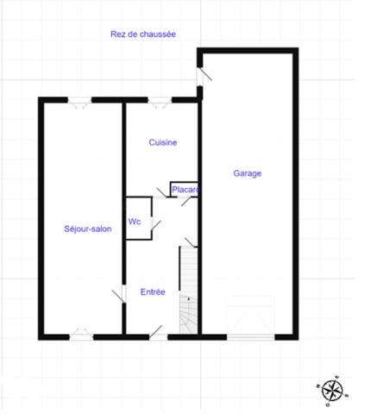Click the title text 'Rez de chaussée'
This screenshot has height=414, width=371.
click(143, 34)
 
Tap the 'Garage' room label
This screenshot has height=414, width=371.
click(248, 173)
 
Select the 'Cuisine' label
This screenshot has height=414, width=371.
click(163, 143)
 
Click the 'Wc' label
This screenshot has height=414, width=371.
click(135, 222)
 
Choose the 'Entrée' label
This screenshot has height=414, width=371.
click(153, 292)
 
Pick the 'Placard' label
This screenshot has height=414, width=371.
click(185, 190)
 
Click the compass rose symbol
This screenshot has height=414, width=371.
click(331, 392)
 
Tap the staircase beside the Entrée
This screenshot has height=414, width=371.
click(189, 289)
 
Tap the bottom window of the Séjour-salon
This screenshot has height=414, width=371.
click(81, 333)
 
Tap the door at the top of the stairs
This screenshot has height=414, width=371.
click(189, 240)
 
